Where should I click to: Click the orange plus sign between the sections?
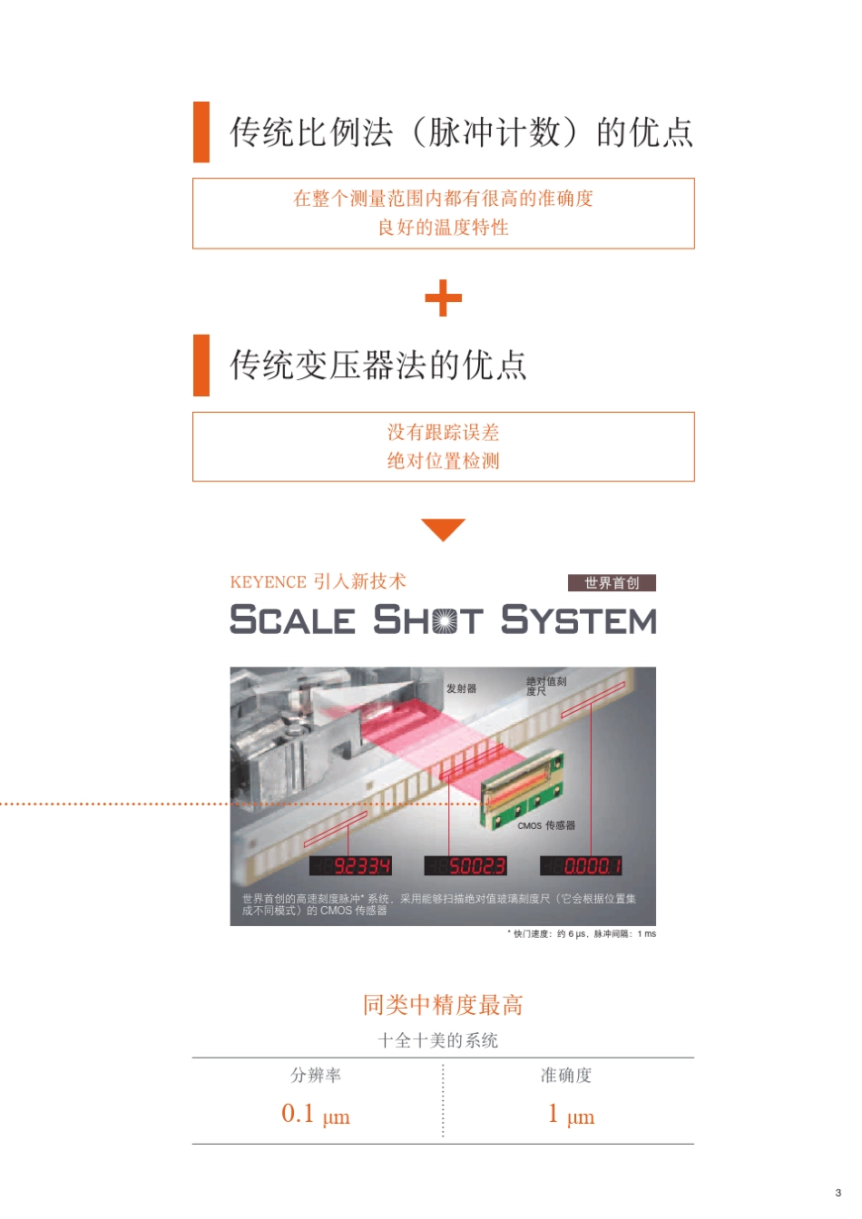(x=443, y=298)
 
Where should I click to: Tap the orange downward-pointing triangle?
(x=443, y=528)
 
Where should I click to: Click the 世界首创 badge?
(x=612, y=583)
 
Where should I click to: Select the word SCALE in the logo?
(x=292, y=620)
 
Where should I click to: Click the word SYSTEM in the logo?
(x=578, y=620)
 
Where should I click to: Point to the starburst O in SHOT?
(x=445, y=621)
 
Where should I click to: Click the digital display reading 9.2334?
(x=351, y=866)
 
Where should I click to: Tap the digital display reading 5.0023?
(x=465, y=866)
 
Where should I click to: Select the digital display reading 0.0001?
(x=582, y=866)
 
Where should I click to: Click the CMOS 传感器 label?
(x=546, y=825)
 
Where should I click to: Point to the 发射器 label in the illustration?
(x=461, y=688)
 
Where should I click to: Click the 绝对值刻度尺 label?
(x=545, y=686)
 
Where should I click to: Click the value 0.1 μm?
(x=315, y=1115)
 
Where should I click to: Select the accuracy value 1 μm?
(x=571, y=1115)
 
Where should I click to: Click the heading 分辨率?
(x=315, y=1076)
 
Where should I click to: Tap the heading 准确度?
(x=566, y=1076)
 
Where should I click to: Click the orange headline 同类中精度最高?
(x=443, y=1005)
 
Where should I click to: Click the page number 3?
(x=838, y=1193)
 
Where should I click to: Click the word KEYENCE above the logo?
(x=268, y=582)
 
